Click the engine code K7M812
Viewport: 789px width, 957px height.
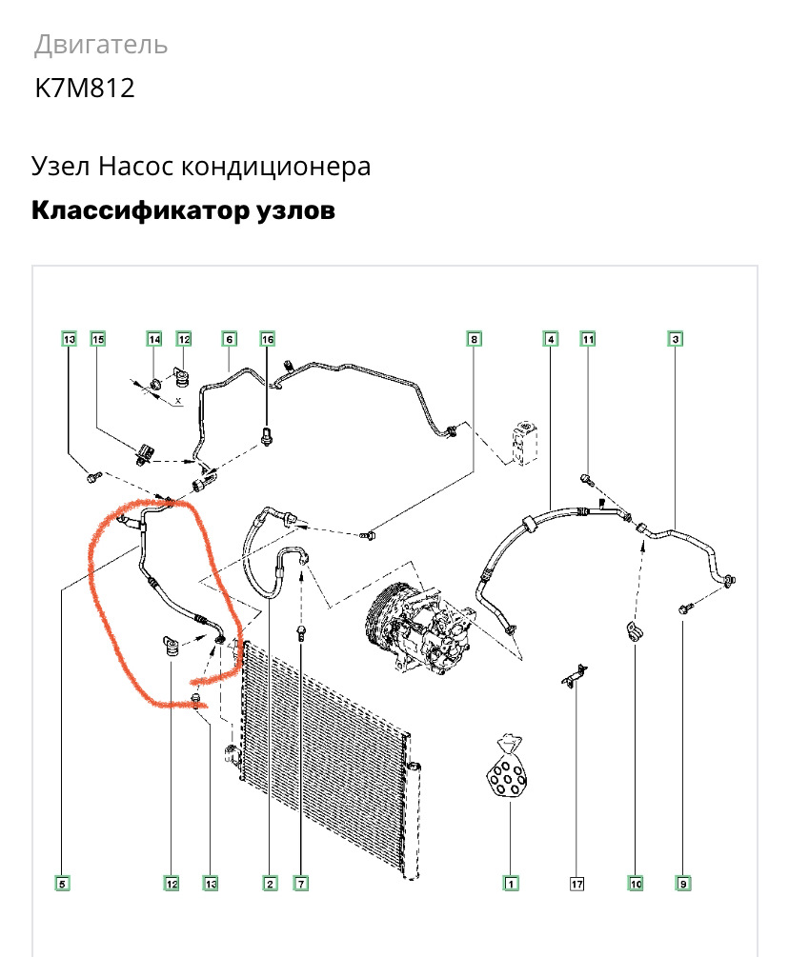coord(85,89)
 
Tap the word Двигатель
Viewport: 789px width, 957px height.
coord(101,44)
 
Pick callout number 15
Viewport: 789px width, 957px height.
coord(97,339)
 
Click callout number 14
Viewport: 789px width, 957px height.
coord(154,339)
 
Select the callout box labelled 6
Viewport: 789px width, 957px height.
coord(229,339)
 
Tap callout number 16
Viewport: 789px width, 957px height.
coord(268,339)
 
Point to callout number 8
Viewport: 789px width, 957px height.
coord(474,339)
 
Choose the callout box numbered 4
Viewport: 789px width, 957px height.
coord(550,339)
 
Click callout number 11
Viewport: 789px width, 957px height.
coord(588,339)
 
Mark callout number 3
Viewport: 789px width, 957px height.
coord(675,339)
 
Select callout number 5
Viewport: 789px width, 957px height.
coord(63,884)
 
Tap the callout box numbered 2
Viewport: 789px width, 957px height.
coord(270,884)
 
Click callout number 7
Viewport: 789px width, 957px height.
coord(301,884)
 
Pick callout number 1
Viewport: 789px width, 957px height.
coord(511,884)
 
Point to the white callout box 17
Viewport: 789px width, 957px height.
coord(577,884)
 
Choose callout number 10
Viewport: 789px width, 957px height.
coord(636,884)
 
